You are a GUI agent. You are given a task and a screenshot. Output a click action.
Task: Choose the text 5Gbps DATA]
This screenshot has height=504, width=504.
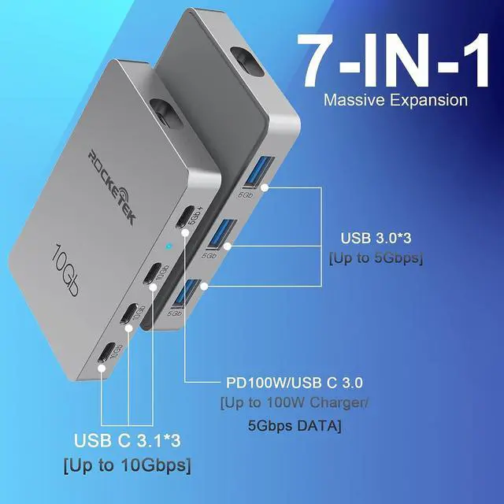291,426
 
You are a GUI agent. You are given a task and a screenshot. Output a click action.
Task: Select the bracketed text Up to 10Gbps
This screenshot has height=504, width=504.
127,465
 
